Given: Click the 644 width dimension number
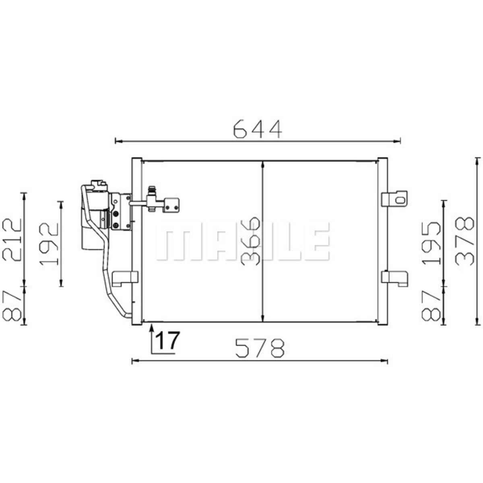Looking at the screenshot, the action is pyautogui.click(x=258, y=129).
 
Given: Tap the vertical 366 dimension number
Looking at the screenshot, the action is pyautogui.click(x=250, y=241).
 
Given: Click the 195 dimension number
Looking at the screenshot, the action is pyautogui.click(x=431, y=243).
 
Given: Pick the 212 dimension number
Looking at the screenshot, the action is pyautogui.click(x=12, y=240).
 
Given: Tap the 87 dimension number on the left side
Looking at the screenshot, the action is pyautogui.click(x=12, y=305).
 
